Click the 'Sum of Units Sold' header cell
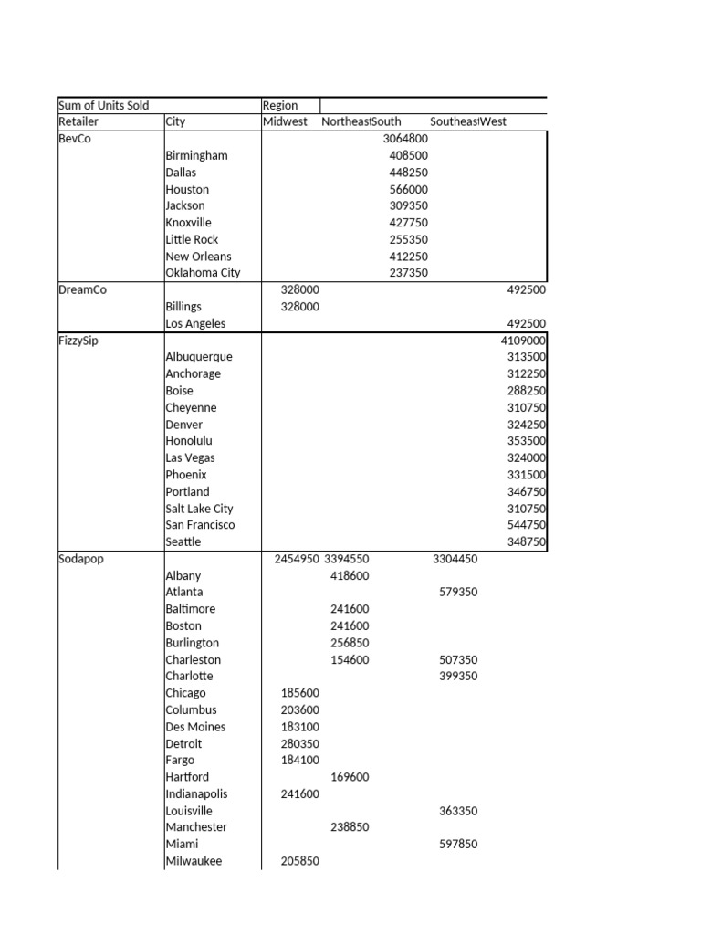pos(103,105)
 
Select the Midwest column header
pos(285,121)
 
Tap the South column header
pos(386,121)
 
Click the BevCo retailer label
pos(75,139)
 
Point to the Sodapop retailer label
pos(80,559)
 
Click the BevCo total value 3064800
pos(405,139)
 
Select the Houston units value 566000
pos(408,189)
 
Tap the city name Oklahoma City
pos(203,273)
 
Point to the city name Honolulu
pos(189,441)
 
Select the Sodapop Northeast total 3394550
pos(347,559)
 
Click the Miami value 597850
pos(458,845)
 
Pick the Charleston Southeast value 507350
pos(458,660)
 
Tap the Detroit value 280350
pos(300,744)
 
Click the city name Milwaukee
pos(194,861)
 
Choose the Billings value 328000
pos(300,307)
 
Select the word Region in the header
pos(280,105)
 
